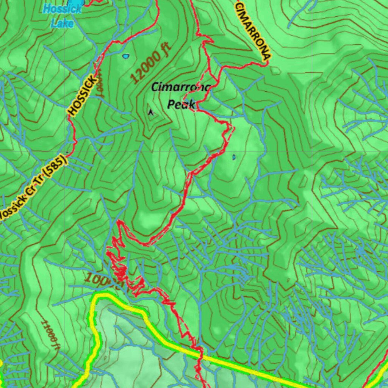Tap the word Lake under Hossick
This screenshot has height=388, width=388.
pyautogui.click(x=62, y=23)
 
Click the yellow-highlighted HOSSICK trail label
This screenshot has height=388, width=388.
pyautogui.click(x=82, y=95)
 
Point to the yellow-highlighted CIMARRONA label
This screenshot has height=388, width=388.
pyautogui.click(x=253, y=30)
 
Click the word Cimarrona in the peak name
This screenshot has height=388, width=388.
pyautogui.click(x=180, y=88)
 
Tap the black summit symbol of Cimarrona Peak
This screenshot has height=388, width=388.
pyautogui.click(x=151, y=112)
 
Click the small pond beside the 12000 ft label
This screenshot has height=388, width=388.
pyautogui.click(x=125, y=56)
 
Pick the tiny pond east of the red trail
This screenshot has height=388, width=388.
pyautogui.click(x=233, y=156)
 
